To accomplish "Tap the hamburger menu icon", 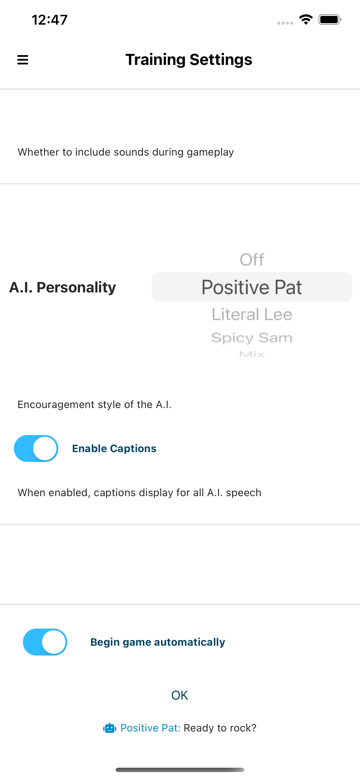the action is [23, 60].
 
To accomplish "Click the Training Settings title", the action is [189, 60].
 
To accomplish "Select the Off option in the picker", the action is [252, 259].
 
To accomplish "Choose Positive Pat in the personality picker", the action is [252, 287].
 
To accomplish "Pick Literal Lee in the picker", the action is [252, 314].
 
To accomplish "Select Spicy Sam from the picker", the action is [252, 338].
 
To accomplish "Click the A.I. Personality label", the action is [63, 287].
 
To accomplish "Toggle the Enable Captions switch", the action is [36, 448].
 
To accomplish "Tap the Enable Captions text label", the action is [114, 448].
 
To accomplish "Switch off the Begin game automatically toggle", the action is [45, 642].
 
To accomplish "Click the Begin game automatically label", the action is [158, 642].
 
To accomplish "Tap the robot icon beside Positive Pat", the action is [110, 728].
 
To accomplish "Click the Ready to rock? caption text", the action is [220, 728].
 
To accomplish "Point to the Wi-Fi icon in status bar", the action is [306, 20].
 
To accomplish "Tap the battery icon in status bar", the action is [330, 20].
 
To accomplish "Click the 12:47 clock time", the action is [50, 20].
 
